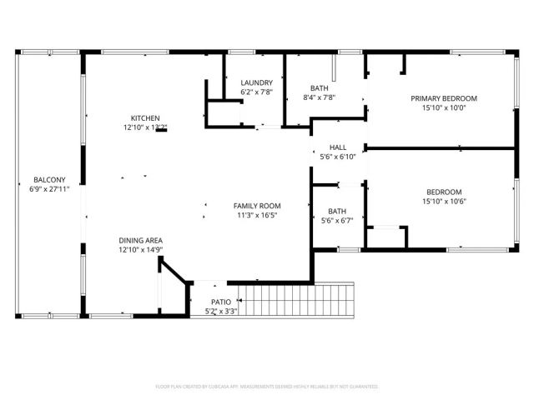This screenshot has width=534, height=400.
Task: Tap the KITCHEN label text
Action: [145, 118]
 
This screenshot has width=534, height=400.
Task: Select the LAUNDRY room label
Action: [256, 82]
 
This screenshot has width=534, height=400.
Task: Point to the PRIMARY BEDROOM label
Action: [450, 98]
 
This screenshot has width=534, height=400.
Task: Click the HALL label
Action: [338, 147]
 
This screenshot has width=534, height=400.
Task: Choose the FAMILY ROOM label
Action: [256, 206]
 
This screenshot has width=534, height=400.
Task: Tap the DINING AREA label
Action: [140, 240]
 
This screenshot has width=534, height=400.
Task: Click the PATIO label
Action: [221, 302]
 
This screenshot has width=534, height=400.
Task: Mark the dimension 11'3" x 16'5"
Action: [256, 215]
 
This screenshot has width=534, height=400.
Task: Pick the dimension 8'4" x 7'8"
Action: [319, 97]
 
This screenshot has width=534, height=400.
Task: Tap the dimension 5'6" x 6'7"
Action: [337, 221]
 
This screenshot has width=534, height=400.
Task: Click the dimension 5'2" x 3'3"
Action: [221, 311]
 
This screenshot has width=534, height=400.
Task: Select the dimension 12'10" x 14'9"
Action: [140, 249]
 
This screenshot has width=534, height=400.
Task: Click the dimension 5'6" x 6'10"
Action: [338, 156]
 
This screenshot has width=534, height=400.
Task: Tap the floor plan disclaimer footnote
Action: [267, 387]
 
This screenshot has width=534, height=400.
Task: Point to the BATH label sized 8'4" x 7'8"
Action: [319, 88]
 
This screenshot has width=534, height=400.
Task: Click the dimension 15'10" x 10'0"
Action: [450, 107]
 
